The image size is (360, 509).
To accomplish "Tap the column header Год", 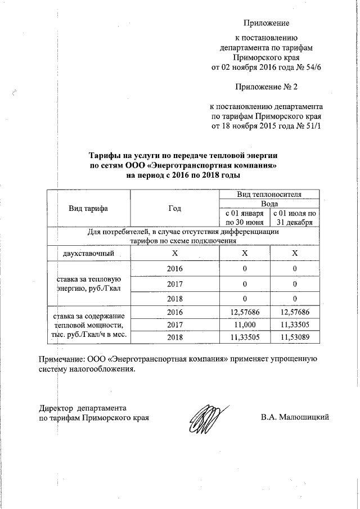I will coord(174,208).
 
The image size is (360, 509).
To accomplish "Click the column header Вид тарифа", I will coord(88,208).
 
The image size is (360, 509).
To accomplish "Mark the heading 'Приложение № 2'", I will coord(266,87).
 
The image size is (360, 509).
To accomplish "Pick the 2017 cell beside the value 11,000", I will coord(175,325).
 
